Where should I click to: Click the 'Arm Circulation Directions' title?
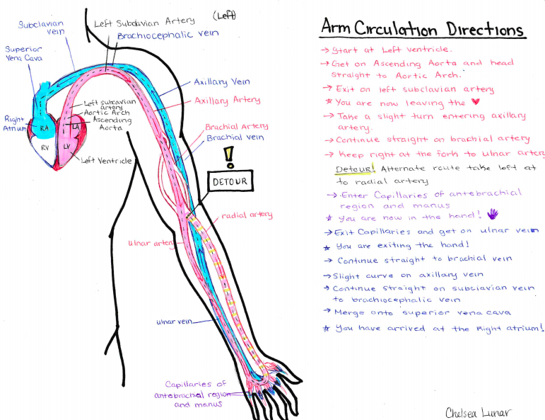(x=422, y=29)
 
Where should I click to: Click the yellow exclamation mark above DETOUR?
(x=228, y=156)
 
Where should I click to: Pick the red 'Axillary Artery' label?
(x=227, y=101)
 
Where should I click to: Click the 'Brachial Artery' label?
(x=236, y=126)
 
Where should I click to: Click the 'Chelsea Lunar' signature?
(x=479, y=412)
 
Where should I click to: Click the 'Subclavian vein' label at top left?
(x=41, y=28)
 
